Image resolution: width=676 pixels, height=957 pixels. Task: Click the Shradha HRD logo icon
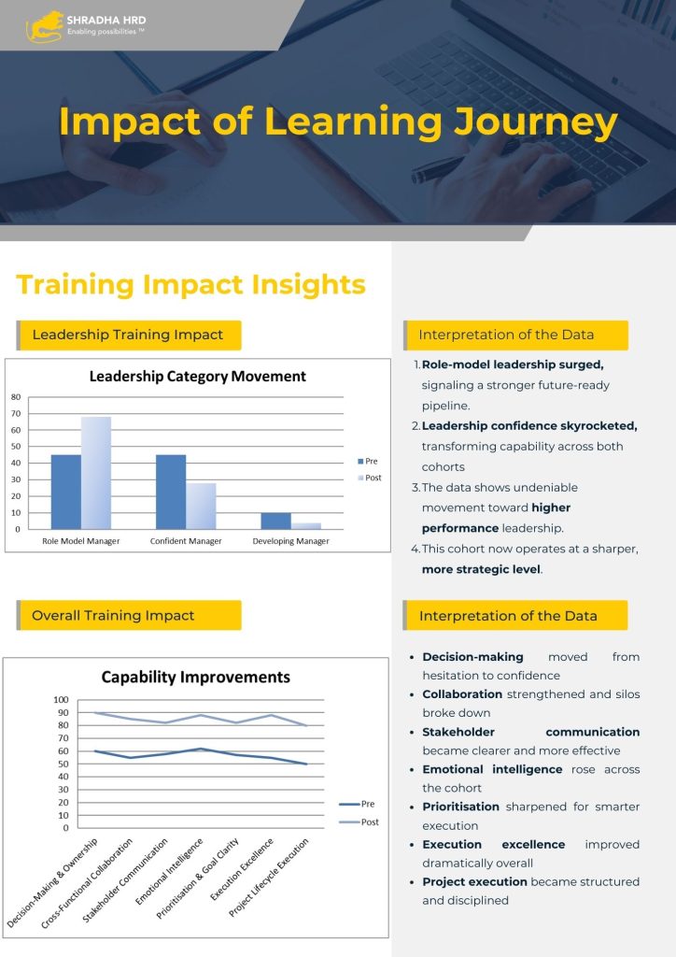point(45,27)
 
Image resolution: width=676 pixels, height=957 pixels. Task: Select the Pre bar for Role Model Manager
point(66,492)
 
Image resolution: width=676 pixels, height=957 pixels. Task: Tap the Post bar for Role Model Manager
point(96,473)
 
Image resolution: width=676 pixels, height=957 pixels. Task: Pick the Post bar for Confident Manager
point(201,506)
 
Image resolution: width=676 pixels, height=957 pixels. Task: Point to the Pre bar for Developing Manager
point(276,521)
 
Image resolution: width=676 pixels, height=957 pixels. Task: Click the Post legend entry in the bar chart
point(370,478)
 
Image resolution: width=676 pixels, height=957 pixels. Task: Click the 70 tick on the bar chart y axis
point(16,413)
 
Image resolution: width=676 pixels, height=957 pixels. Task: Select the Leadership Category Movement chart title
point(198,376)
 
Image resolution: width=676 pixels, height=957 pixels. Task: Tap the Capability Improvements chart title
point(196,677)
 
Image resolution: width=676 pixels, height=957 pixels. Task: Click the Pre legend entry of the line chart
point(358,804)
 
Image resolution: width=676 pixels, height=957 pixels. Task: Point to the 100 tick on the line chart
point(61,699)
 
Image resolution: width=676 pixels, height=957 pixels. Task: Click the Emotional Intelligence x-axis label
point(169,872)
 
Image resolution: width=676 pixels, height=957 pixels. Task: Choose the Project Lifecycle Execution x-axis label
point(269,877)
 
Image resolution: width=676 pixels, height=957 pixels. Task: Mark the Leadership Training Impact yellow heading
point(129,336)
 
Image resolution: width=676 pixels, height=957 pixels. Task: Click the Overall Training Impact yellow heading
point(129,615)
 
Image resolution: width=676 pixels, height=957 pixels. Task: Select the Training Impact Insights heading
point(190,285)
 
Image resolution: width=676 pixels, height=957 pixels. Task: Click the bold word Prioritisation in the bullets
point(461,807)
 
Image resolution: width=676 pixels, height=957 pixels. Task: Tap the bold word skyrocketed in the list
point(599,426)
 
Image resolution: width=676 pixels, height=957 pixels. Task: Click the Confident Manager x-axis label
point(186,541)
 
